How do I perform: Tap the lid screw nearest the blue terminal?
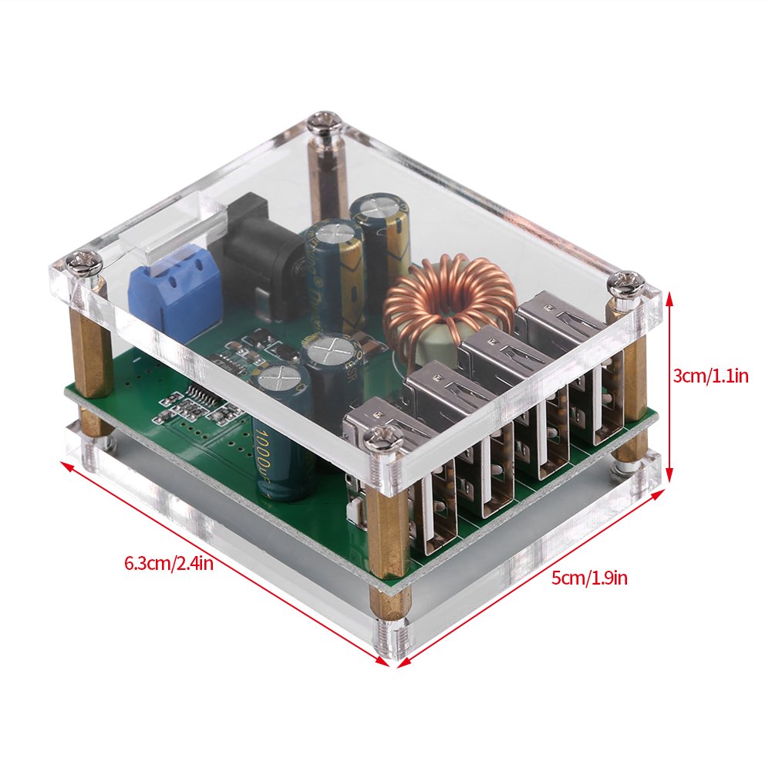(84, 265)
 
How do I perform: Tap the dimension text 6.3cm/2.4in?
(168, 563)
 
